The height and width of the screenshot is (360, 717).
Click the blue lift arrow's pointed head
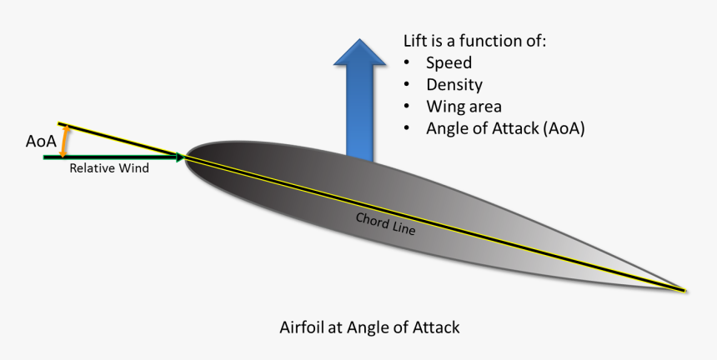[360, 52]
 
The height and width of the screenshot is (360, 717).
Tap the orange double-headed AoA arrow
[65, 141]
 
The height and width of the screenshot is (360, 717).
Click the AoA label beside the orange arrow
[41, 141]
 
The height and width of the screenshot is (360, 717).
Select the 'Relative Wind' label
[109, 168]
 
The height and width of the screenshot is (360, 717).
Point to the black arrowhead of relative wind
[180, 157]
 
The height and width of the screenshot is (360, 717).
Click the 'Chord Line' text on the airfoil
[385, 224]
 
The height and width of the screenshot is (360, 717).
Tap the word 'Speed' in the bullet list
[449, 63]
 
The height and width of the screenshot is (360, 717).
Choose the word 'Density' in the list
[454, 85]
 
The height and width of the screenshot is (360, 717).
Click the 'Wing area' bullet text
[464, 107]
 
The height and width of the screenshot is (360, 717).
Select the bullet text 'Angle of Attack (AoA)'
[505, 129]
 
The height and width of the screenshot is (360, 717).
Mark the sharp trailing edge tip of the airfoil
[686, 291]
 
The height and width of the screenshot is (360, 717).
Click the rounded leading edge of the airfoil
[187, 157]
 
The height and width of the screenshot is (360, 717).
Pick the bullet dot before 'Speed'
[407, 63]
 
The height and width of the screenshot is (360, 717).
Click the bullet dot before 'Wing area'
[407, 107]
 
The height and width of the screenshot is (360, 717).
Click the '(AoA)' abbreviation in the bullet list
[564, 129]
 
